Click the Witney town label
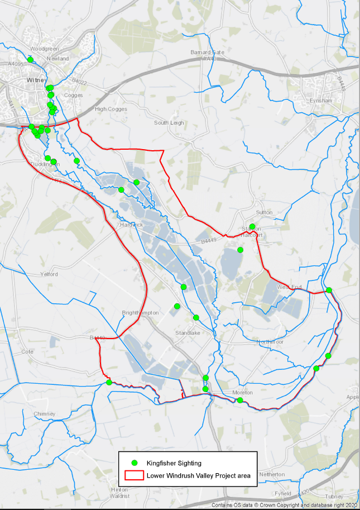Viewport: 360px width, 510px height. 34,81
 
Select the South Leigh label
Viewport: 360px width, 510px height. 169,123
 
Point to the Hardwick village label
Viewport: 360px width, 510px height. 131,225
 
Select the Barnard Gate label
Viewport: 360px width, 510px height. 207,52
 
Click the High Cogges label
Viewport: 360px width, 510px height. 111,109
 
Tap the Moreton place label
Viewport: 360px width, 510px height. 242,393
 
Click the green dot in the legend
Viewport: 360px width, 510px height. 134,463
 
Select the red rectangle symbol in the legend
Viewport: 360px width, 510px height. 133,476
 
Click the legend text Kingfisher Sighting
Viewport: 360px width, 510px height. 174,463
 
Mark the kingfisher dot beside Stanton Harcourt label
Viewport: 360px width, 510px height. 252,227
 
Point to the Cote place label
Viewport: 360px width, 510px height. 27,352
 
